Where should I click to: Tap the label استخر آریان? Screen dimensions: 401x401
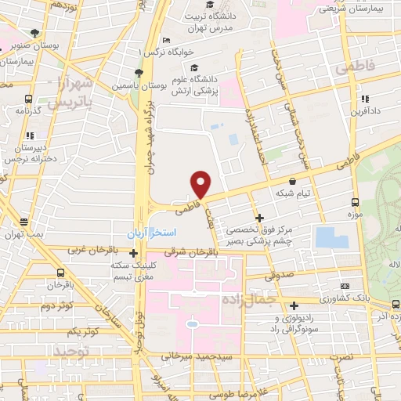tap(154, 233)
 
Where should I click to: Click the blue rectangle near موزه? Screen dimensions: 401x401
tap(332, 237)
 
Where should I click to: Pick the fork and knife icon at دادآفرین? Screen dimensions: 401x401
tap(365, 99)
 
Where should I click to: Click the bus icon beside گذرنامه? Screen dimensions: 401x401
tap(28, 99)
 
